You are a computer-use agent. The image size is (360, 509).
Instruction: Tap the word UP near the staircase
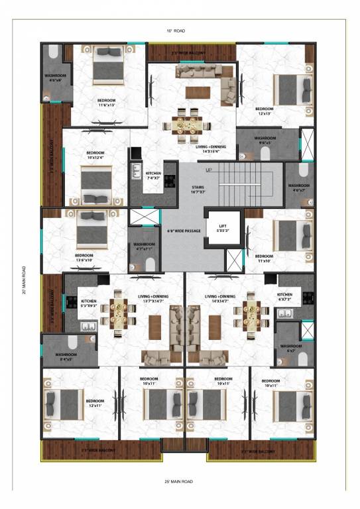(209, 170)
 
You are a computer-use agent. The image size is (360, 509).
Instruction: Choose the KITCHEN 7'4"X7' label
(153, 176)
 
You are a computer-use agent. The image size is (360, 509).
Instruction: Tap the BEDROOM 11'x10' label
(264, 258)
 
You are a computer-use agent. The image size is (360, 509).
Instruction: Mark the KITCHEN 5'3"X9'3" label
(88, 303)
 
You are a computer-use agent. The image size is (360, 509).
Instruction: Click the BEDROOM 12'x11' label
(95, 404)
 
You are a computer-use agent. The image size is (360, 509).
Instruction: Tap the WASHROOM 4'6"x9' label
(55, 78)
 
